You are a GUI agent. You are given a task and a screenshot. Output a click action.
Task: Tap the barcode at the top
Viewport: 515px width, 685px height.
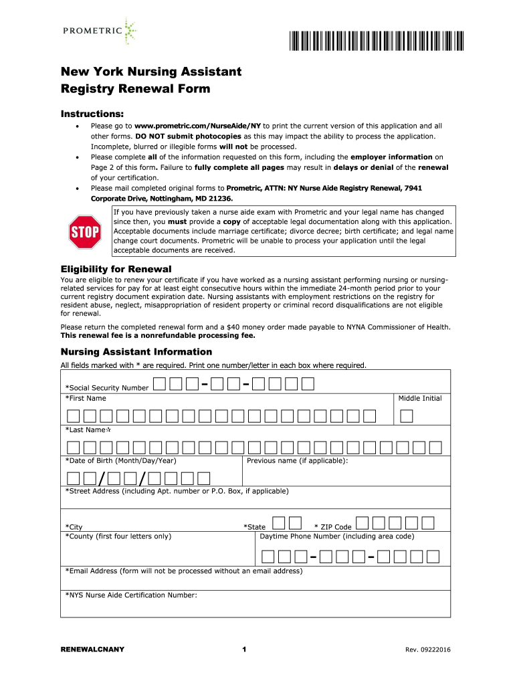point(376,41)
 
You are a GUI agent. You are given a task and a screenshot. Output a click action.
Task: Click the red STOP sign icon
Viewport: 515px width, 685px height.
point(85,232)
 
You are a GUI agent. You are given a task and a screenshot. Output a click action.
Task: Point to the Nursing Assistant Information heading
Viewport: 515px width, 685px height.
point(136,352)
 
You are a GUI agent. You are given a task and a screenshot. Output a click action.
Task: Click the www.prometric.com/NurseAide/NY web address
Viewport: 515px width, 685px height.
point(197,126)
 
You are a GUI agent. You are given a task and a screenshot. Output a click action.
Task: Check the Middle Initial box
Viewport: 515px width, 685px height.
point(406,416)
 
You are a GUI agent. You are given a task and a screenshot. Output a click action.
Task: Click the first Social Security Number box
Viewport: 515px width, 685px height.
point(159,384)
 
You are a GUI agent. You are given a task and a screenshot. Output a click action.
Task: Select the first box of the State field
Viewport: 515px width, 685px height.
point(278,522)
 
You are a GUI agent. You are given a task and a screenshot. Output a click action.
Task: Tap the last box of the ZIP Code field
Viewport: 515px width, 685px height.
point(428,522)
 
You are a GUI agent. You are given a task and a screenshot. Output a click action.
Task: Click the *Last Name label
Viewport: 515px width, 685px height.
point(87,430)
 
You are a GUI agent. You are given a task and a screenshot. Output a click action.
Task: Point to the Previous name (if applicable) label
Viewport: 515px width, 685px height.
point(297,461)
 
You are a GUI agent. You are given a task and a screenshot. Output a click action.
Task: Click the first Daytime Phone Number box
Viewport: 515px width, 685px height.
point(268,556)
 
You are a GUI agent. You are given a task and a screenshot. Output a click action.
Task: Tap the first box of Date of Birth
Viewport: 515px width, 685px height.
point(73,478)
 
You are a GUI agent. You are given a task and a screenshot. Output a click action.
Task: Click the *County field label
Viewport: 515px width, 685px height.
point(118,536)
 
